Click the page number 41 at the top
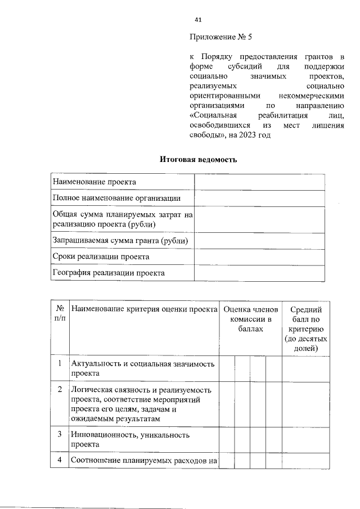click(x=198, y=20)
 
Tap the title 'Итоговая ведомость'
click(x=199, y=160)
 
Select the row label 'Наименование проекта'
click(x=94, y=182)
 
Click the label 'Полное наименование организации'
click(x=116, y=198)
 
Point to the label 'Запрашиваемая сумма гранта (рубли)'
click(x=120, y=241)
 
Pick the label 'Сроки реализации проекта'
click(x=101, y=256)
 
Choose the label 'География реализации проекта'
click(x=109, y=273)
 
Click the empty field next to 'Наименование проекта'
click(x=259, y=182)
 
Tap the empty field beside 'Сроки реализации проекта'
click(x=259, y=256)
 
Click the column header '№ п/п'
click(x=59, y=314)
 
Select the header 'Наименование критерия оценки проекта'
click(x=145, y=309)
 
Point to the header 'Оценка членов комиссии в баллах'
click(x=250, y=319)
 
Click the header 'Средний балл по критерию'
click(x=306, y=329)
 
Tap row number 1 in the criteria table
click(x=60, y=364)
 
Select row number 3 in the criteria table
click(x=60, y=434)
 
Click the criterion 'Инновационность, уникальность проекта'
click(x=130, y=439)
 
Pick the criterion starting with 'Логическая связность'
click(x=141, y=404)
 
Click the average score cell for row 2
click(x=306, y=404)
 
